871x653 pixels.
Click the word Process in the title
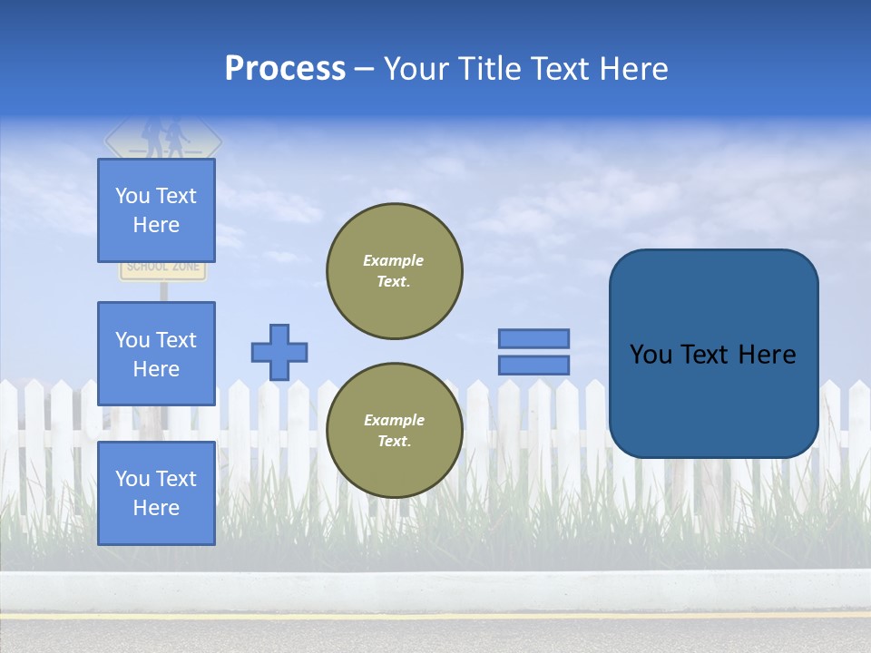pyautogui.click(x=285, y=69)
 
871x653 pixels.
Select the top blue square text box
pyautogui.click(x=156, y=210)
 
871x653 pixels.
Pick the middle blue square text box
pyautogui.click(x=156, y=354)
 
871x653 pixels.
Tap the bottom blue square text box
pyautogui.click(x=156, y=492)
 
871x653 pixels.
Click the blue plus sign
pyautogui.click(x=279, y=352)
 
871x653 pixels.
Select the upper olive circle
pyautogui.click(x=394, y=271)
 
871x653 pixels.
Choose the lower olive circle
pyautogui.click(x=394, y=430)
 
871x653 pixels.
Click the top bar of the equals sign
pyautogui.click(x=533, y=338)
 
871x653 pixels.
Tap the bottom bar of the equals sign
pyautogui.click(x=533, y=365)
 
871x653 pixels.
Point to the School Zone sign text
pyautogui.click(x=164, y=268)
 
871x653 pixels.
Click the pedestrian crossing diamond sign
pyautogui.click(x=163, y=139)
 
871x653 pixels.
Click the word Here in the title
pyautogui.click(x=631, y=69)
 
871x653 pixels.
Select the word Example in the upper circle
pyautogui.click(x=393, y=260)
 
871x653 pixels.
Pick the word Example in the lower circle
pyautogui.click(x=393, y=420)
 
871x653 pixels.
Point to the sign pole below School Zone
pyautogui.click(x=164, y=291)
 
